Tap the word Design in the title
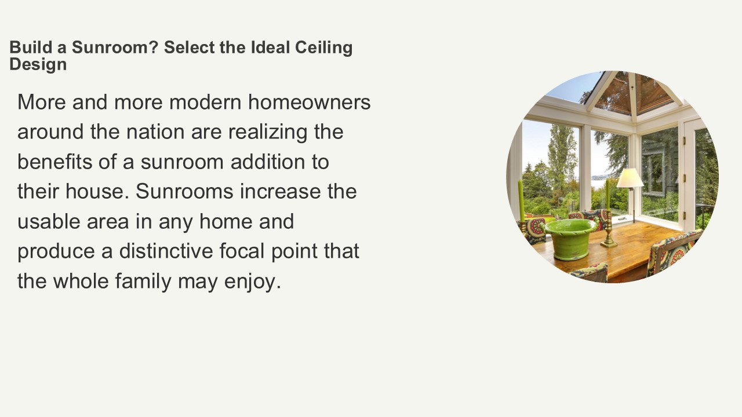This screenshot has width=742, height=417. [38, 64]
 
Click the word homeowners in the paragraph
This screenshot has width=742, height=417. [310, 102]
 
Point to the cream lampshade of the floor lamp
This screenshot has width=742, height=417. [630, 178]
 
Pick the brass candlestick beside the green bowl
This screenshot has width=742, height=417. [608, 232]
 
